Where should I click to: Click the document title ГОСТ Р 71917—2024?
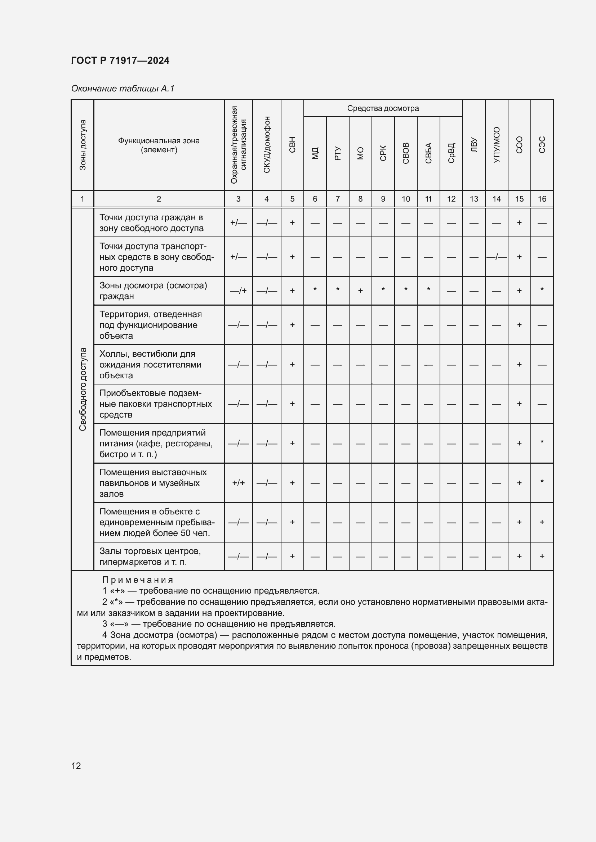pyautogui.click(x=120, y=60)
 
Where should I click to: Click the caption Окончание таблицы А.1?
pyautogui.click(x=123, y=89)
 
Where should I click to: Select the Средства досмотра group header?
pyautogui.click(x=383, y=108)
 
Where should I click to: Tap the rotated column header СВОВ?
pyautogui.click(x=405, y=153)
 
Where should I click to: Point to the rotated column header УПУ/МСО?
pyautogui.click(x=496, y=145)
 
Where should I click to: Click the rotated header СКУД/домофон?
pyautogui.click(x=267, y=144)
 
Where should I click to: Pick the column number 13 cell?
pyautogui.click(x=474, y=199)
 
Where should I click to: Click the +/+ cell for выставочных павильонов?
pyautogui.click(x=238, y=483)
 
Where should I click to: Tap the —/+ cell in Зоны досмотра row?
pyautogui.click(x=238, y=291)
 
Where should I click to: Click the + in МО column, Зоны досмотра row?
pyautogui.click(x=360, y=291)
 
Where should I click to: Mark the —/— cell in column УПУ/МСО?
pyautogui.click(x=496, y=257)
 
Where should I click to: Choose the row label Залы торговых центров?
pyautogui.click(x=150, y=556)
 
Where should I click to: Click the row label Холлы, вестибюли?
pyautogui.click(x=150, y=364)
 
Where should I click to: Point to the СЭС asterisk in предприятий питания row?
pyautogui.click(x=542, y=442)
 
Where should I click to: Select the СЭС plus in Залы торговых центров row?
pyautogui.click(x=542, y=556)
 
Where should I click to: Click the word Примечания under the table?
pyautogui.click(x=138, y=580)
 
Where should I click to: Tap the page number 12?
pyautogui.click(x=76, y=766)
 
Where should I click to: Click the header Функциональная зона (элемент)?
pyautogui.click(x=159, y=145)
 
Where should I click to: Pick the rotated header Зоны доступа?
pyautogui.click(x=83, y=145)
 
